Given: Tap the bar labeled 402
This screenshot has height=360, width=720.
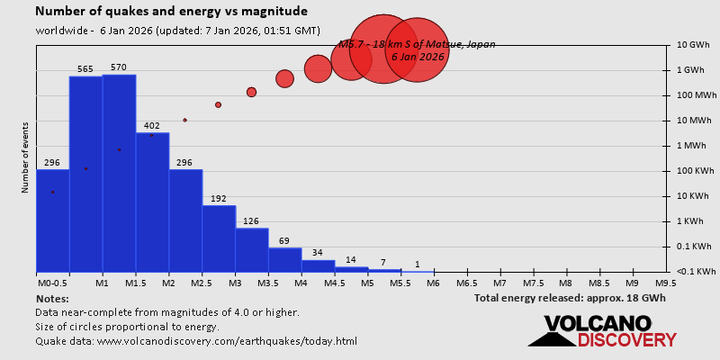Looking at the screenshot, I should tap(152, 202).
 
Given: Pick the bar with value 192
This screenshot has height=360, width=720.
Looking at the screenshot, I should tap(219, 238).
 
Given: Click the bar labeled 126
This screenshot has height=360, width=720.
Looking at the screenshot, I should tap(252, 249).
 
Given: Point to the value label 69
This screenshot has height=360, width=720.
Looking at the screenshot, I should tap(284, 240).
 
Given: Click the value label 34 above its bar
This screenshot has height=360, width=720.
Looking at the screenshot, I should tap(318, 253).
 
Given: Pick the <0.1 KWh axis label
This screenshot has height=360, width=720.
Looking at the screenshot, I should tap(697, 272).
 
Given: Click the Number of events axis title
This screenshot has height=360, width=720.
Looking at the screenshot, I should tap(25, 159).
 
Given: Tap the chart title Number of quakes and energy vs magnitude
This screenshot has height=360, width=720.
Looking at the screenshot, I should tap(171, 12).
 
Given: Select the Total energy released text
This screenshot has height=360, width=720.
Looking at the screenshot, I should tap(570, 298).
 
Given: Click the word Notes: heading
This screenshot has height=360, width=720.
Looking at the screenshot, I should tap(53, 298).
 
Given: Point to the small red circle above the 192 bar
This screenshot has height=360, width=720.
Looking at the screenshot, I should tap(218, 104).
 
